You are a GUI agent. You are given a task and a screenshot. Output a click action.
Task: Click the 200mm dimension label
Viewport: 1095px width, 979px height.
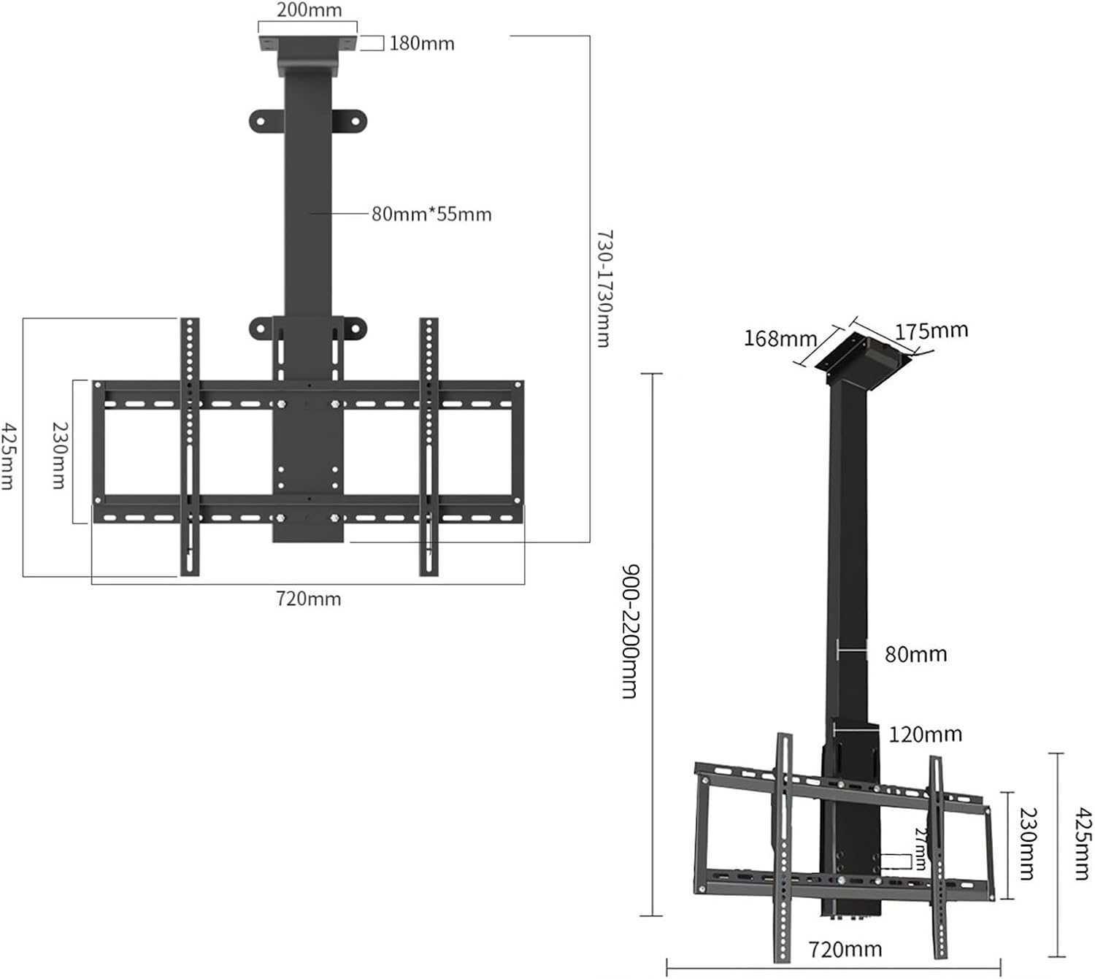coord(309,11)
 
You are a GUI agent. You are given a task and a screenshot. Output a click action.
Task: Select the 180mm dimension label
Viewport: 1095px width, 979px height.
coord(421,44)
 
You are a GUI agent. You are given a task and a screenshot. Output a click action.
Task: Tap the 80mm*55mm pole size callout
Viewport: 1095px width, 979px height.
coord(431,215)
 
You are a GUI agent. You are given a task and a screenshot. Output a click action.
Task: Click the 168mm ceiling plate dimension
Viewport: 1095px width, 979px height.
coord(780,338)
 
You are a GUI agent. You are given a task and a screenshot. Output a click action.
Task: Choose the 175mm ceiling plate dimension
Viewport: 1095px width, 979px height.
coord(931,331)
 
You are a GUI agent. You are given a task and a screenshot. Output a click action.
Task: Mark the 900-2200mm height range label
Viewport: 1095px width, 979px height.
coord(630,631)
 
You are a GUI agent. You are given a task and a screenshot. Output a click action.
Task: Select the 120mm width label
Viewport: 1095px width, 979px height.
coord(925,734)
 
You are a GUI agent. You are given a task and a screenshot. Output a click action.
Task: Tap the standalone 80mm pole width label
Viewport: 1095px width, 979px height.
coord(915,654)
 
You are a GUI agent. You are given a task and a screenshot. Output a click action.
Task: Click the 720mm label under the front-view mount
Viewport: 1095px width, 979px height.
coord(308,599)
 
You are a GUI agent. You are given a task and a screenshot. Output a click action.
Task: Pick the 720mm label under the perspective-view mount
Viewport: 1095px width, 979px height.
coord(845,949)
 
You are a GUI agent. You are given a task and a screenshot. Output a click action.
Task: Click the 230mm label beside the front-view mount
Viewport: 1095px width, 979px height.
coord(59,455)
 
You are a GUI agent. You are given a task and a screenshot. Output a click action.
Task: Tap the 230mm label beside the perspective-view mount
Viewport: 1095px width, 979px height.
coord(1028,844)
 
